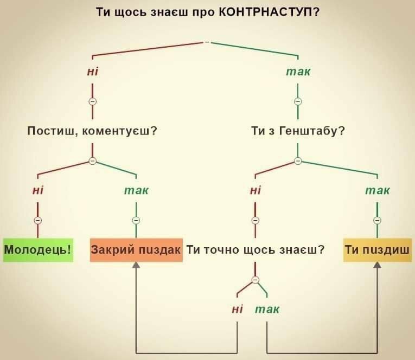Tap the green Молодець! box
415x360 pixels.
[x=38, y=250]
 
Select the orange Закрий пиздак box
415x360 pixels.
[x=136, y=250]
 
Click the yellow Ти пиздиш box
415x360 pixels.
[x=378, y=250]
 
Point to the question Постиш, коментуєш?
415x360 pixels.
[x=92, y=131]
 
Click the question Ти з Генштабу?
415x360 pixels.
[x=298, y=131]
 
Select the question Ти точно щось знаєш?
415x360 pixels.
[x=256, y=250]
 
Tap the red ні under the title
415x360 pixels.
[x=93, y=72]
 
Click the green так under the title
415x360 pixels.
[x=298, y=72]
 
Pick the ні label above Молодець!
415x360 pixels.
[x=38, y=190]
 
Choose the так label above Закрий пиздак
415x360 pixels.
[x=136, y=191]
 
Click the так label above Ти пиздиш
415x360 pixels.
[x=378, y=191]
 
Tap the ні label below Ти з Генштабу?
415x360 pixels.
[x=256, y=190]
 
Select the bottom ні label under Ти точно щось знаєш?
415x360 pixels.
[x=238, y=309]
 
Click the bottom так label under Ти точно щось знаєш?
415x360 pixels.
[x=267, y=310]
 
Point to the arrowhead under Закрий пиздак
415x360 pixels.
[x=136, y=265]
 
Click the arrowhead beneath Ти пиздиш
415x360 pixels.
[x=377, y=265]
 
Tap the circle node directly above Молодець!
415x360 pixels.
[x=38, y=220]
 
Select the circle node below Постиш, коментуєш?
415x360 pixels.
[x=92, y=161]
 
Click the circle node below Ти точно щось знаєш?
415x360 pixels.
[x=255, y=280]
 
